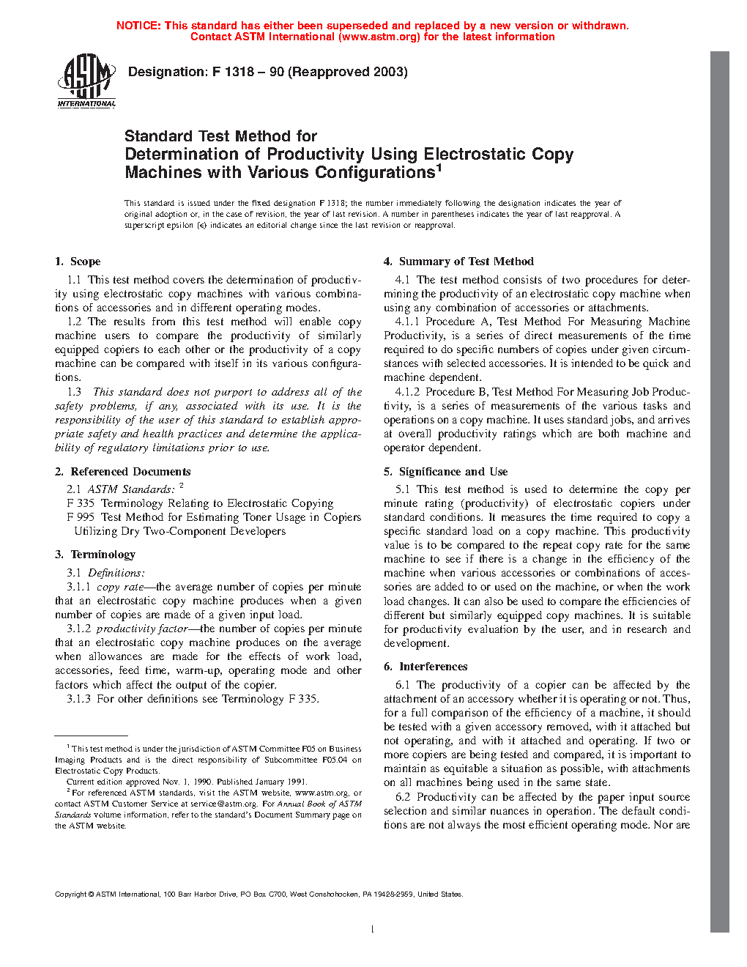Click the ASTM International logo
pos(86,81)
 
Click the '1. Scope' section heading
pos(78,262)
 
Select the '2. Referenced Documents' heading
pos(123,472)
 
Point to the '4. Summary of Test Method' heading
pos(458,262)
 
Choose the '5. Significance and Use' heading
pos(445,472)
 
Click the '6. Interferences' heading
pos(425,667)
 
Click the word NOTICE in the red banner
pos(138,26)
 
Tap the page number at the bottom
pos(373,930)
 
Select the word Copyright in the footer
pos(71,894)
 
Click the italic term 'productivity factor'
pos(142,629)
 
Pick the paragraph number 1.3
pos(74,392)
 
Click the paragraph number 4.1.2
pos(407,392)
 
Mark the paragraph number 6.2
pos(403,797)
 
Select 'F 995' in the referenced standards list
pos(81,517)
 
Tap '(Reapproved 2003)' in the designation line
pos(348,72)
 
